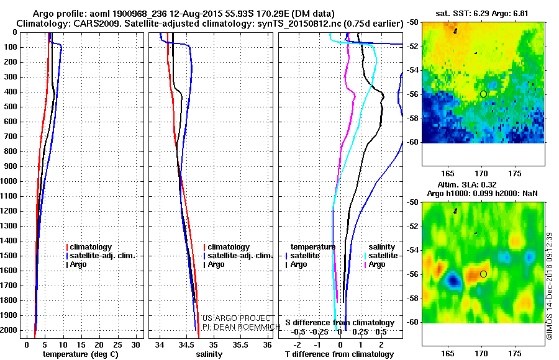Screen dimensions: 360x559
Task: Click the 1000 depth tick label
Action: (9, 181)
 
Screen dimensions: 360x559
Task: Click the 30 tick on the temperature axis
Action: (137, 344)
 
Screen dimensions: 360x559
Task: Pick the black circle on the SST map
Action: (483, 94)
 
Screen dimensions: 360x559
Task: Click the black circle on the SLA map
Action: (483, 274)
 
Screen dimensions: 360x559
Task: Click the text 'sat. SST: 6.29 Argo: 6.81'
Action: (483, 12)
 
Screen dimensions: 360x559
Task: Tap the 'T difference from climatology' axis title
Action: (340, 354)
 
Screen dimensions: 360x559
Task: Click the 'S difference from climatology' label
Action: (340, 323)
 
